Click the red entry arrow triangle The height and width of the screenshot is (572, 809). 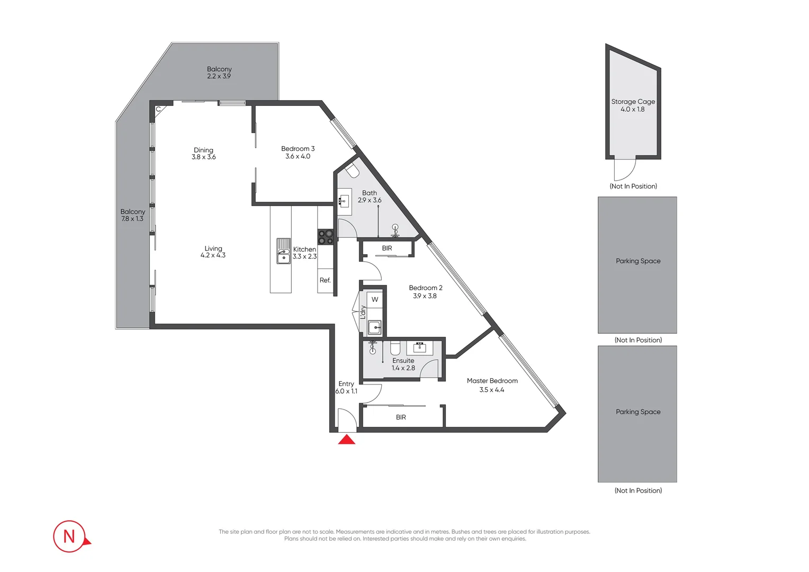pyautogui.click(x=347, y=440)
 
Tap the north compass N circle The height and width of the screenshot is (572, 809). pyautogui.click(x=69, y=536)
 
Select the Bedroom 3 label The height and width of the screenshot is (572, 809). pyautogui.click(x=298, y=149)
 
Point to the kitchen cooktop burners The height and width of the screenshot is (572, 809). pyautogui.click(x=325, y=237)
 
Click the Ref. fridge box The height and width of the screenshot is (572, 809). pyautogui.click(x=325, y=280)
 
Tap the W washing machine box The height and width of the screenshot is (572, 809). pyautogui.click(x=375, y=299)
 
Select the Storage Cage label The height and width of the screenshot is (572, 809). pyautogui.click(x=633, y=102)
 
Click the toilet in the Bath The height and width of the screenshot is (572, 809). pyautogui.click(x=353, y=171)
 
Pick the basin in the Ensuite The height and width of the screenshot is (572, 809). pyautogui.click(x=420, y=347)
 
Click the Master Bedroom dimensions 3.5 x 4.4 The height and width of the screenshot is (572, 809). pyautogui.click(x=491, y=390)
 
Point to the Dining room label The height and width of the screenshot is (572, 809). pyautogui.click(x=203, y=150)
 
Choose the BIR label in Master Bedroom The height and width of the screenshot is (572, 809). pyautogui.click(x=401, y=417)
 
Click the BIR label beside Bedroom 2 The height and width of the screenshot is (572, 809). pyautogui.click(x=387, y=248)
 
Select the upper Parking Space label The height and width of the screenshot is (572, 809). pyautogui.click(x=638, y=261)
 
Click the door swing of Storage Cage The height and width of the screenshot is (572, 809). pyautogui.click(x=624, y=169)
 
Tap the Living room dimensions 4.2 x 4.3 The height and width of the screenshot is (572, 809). pyautogui.click(x=213, y=255)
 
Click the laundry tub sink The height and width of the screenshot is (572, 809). pyautogui.click(x=375, y=327)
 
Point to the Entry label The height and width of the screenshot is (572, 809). pyautogui.click(x=346, y=383)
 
